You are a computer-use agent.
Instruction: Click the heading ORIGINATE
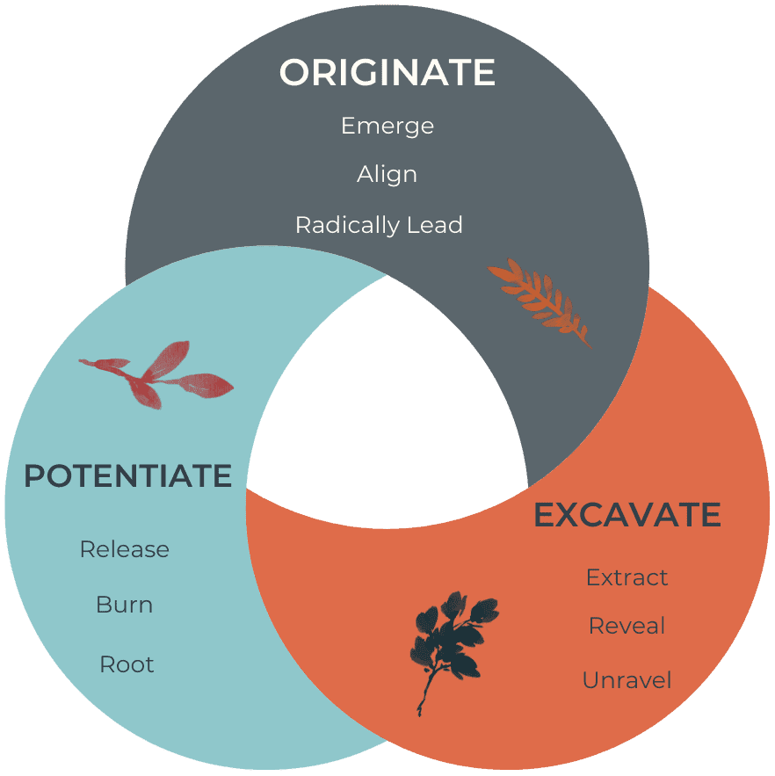tap(387, 72)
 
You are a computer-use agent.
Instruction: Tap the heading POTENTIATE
tap(128, 475)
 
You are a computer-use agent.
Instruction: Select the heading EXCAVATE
tap(627, 515)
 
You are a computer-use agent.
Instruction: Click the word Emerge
tap(387, 127)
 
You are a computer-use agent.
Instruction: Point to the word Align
tap(387, 175)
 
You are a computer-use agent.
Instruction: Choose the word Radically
tap(347, 225)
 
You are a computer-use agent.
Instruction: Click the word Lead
tap(435, 225)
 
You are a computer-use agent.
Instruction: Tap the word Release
tap(125, 549)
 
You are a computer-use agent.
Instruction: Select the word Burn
tap(125, 605)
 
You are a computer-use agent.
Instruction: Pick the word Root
tap(127, 664)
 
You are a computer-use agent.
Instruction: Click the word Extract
tap(627, 577)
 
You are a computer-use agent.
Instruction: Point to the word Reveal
tap(627, 626)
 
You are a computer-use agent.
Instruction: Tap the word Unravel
tap(627, 680)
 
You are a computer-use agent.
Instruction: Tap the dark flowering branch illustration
tap(453, 643)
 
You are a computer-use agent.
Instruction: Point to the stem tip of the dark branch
tap(420, 714)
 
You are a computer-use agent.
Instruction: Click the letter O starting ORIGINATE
tap(295, 72)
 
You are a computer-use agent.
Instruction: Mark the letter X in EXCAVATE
tap(572, 515)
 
